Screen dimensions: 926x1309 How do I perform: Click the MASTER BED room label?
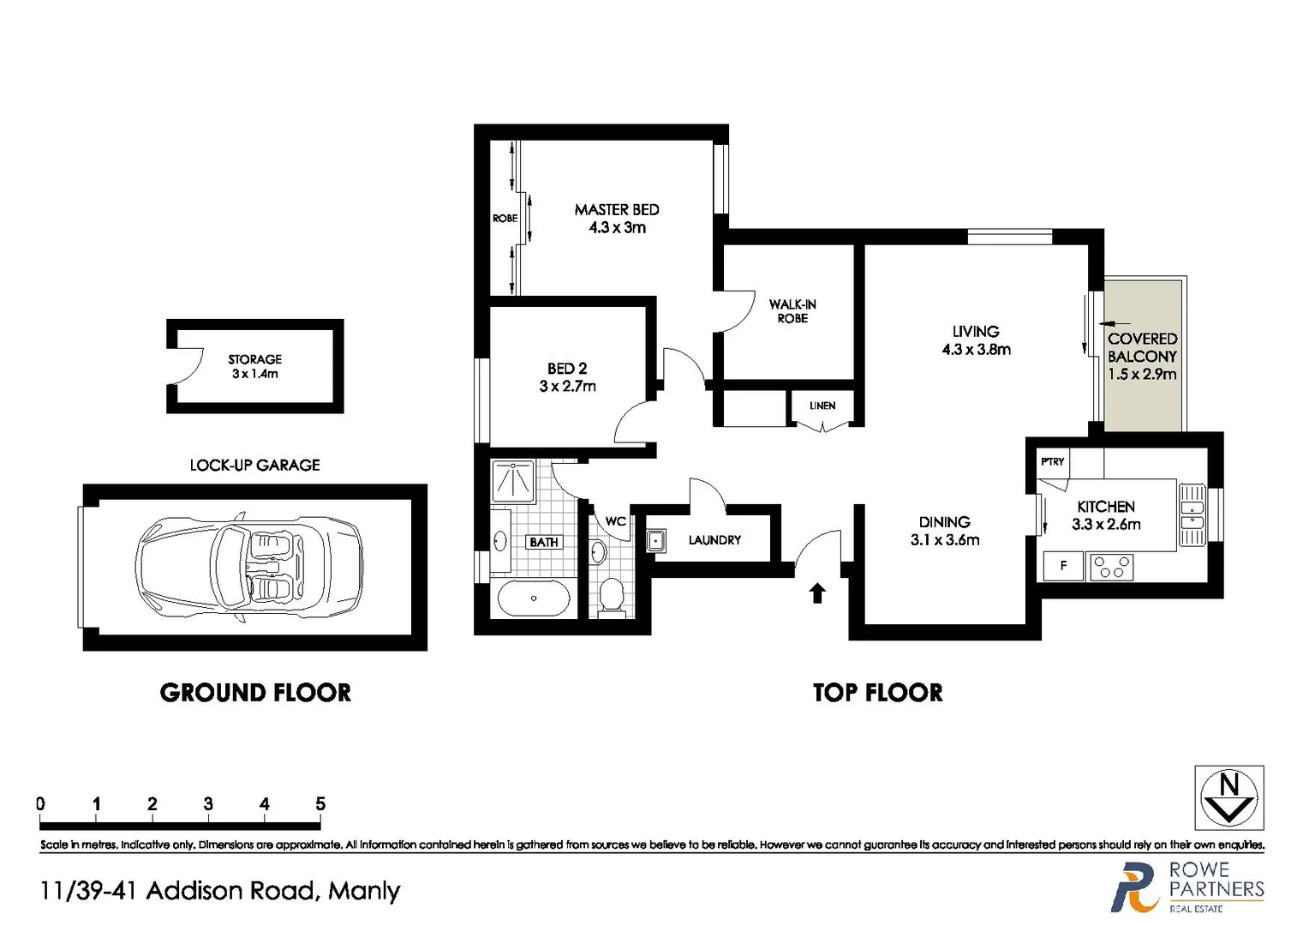pos(616,209)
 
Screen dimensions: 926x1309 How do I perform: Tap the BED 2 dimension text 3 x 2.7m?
pos(567,387)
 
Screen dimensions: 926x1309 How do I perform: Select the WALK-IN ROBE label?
pos(792,311)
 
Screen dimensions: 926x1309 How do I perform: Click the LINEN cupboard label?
pos(822,406)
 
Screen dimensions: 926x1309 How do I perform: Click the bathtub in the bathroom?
pos(533,598)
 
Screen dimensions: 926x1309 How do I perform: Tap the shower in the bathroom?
pos(513,480)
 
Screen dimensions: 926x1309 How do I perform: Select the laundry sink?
pos(656,541)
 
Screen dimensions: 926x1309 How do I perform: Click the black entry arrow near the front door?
pos(817,592)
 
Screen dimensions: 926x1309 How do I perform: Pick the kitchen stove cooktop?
pos(1111,567)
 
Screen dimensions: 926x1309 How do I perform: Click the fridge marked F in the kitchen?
pos(1063,566)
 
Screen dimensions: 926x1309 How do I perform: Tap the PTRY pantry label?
pos(1052,461)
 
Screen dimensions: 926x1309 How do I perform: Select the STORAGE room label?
pos(254,359)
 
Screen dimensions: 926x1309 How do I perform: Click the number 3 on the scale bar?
pos(208,804)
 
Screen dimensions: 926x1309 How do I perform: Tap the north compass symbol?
pos(1229,798)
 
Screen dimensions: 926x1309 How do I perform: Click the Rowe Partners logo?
pos(1187,887)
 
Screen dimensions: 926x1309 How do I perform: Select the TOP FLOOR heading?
pos(877,693)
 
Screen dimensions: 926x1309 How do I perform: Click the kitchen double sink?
pos(1192,514)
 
